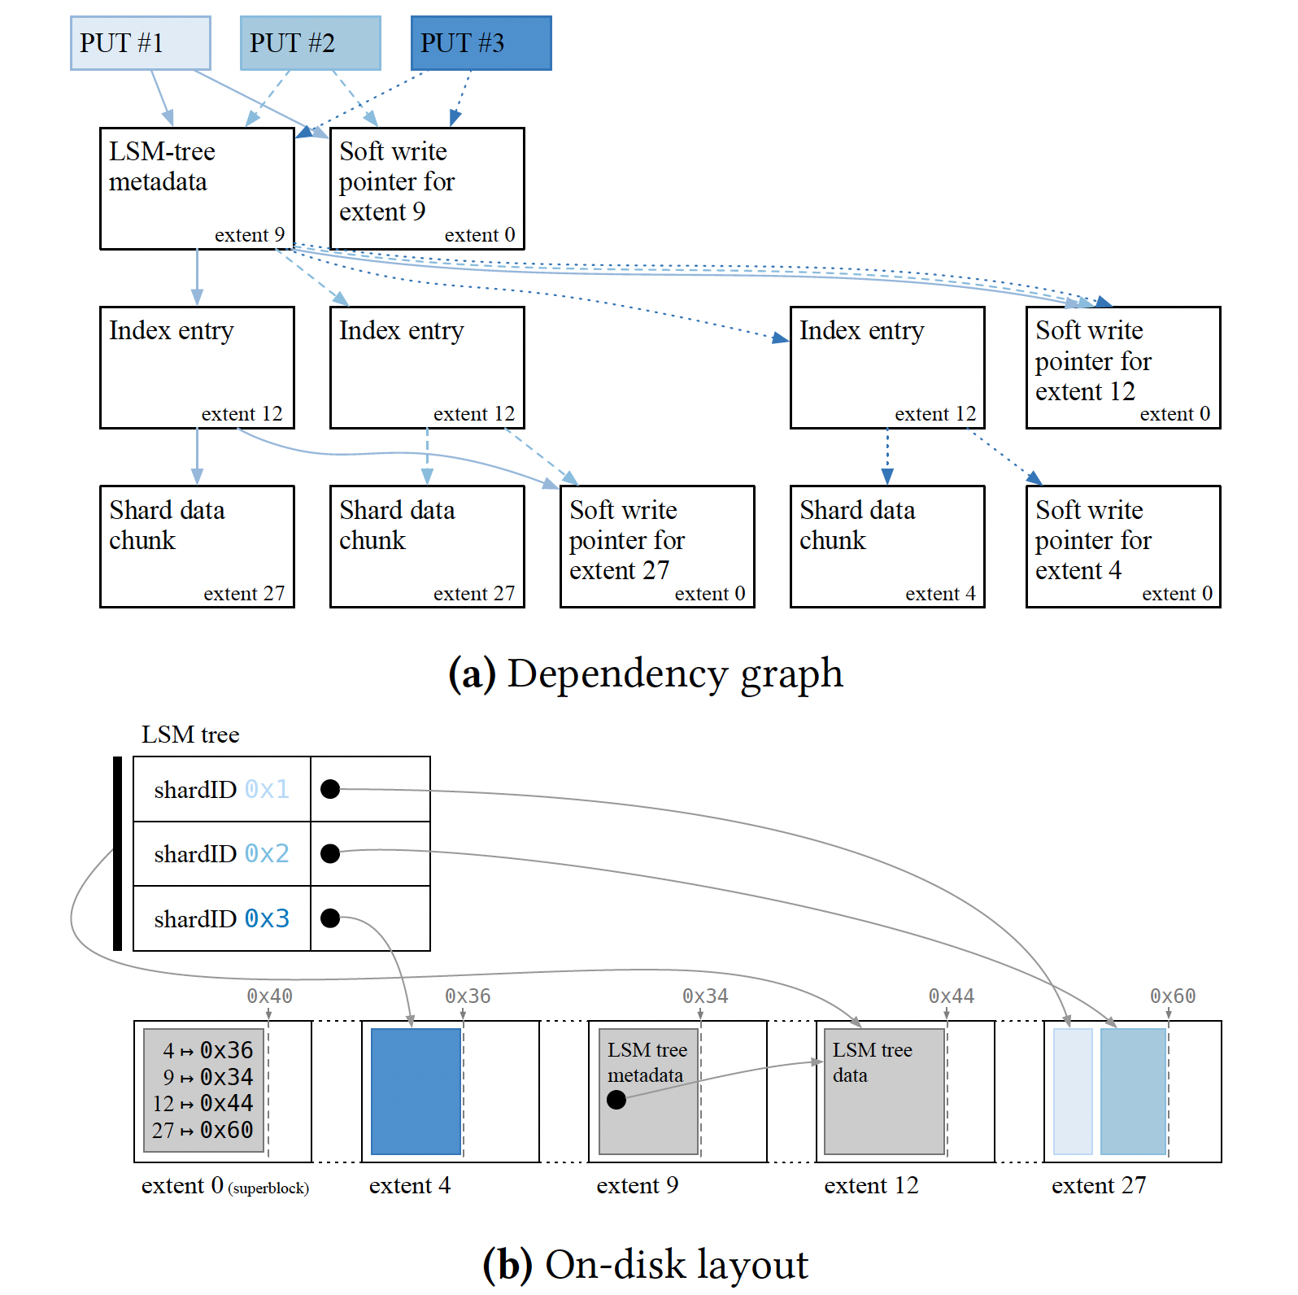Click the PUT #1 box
coord(140,43)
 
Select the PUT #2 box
coord(310,43)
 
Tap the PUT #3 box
coord(481,43)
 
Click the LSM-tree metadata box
coord(197,188)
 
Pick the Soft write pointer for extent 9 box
coord(427,188)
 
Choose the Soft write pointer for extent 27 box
coord(657,547)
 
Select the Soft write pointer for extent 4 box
coord(1123,547)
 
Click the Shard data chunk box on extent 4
coord(887,547)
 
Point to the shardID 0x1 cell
coord(221,789)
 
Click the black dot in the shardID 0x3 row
coord(330,918)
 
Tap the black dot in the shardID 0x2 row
coord(330,853)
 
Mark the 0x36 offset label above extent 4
coord(468,996)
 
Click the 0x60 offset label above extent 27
coord(1173,996)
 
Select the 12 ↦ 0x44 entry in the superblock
coord(203,1103)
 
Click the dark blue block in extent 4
coord(416,1091)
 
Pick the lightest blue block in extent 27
coord(1073,1091)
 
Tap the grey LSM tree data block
coord(884,1091)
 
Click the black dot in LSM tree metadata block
coord(616,1100)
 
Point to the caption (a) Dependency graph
coord(646,674)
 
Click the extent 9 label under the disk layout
coord(637,1185)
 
